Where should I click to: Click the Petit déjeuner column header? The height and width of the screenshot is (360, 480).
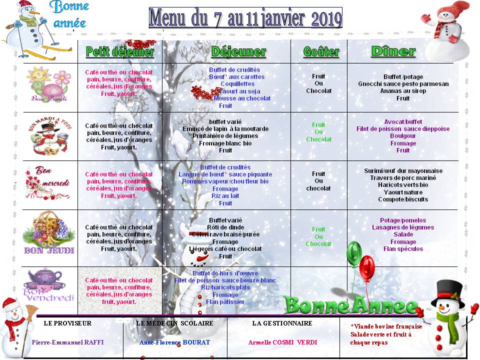(x=120, y=51)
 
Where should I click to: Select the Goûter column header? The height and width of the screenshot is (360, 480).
(x=321, y=51)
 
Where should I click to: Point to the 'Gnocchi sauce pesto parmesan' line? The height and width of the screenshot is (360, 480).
(x=403, y=84)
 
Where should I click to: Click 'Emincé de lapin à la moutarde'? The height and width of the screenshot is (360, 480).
(x=225, y=129)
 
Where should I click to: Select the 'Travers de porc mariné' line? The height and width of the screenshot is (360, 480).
(x=403, y=178)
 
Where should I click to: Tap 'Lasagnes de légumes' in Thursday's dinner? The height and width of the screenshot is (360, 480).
(x=403, y=227)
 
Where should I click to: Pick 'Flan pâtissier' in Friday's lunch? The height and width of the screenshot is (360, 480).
(x=225, y=302)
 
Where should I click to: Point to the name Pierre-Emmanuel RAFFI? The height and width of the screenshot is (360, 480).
(x=71, y=342)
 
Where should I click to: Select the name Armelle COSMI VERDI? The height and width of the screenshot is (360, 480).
(x=282, y=342)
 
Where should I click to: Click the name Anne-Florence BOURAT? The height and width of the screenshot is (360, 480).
(x=175, y=342)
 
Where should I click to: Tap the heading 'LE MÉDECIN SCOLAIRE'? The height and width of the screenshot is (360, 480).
(x=174, y=323)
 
